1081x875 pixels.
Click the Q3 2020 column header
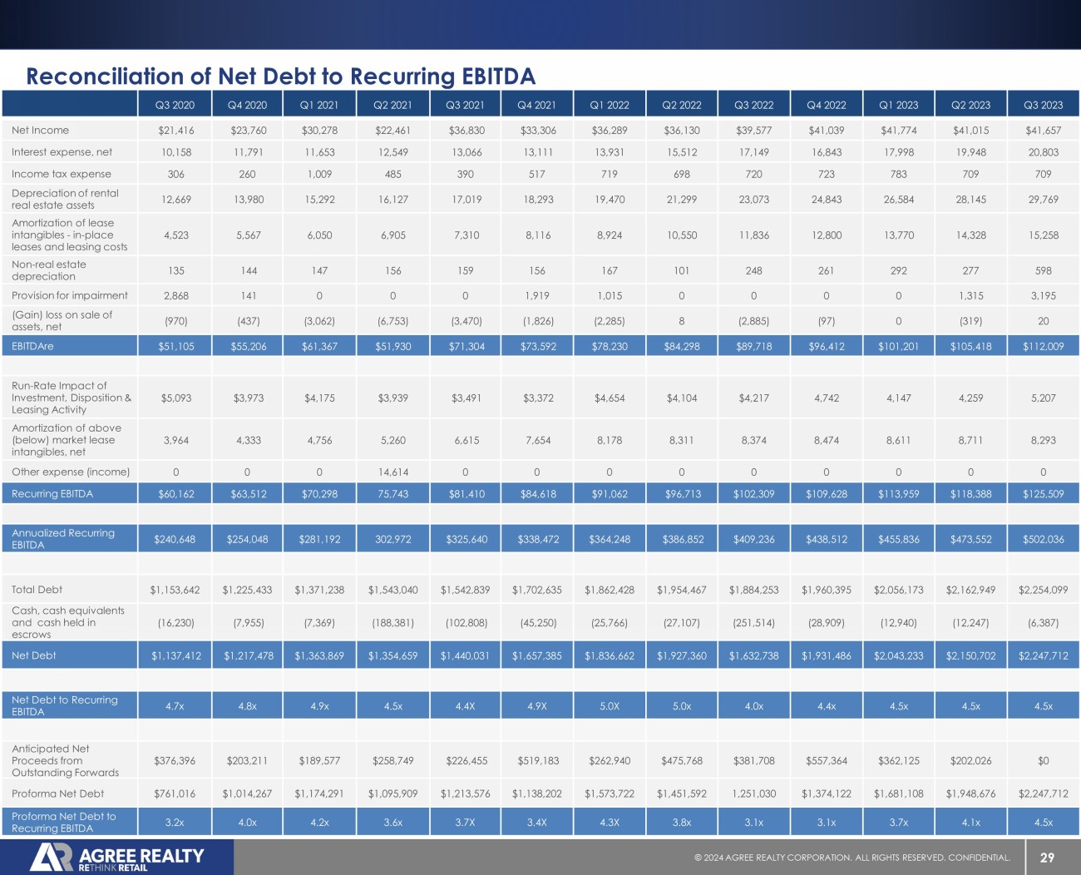pyautogui.click(x=175, y=105)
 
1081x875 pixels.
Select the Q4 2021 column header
pyautogui.click(x=536, y=105)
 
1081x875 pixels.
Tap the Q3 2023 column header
pyautogui.click(x=1043, y=105)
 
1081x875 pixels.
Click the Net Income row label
pyautogui.click(x=40, y=131)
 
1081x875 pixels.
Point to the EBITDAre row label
pyautogui.click(x=32, y=346)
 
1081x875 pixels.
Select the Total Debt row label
pyautogui.click(x=37, y=590)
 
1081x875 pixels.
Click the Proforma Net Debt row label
pyautogui.click(x=57, y=793)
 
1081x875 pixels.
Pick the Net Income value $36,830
pyautogui.click(x=466, y=131)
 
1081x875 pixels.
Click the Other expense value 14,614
pyautogui.click(x=393, y=472)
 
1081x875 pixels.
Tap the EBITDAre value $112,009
pyautogui.click(x=1043, y=346)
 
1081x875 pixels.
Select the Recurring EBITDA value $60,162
pyautogui.click(x=175, y=494)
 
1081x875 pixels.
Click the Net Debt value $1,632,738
pyautogui.click(x=753, y=655)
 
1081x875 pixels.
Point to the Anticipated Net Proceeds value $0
pyautogui.click(x=1043, y=760)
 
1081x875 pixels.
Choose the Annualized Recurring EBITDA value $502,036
pyautogui.click(x=1043, y=539)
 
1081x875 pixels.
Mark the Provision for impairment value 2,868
pyautogui.click(x=175, y=295)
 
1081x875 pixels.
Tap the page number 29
pyautogui.click(x=1047, y=858)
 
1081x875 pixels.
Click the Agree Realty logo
pyautogui.click(x=116, y=858)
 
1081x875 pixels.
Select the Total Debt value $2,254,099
pyautogui.click(x=1043, y=590)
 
